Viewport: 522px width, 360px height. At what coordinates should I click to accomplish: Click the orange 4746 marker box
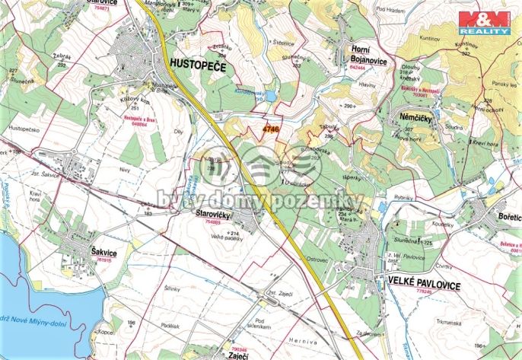click(x=271, y=130)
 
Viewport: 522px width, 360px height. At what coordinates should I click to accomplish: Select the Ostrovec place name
click(x=316, y=260)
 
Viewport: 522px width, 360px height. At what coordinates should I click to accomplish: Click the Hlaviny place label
click(x=368, y=86)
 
